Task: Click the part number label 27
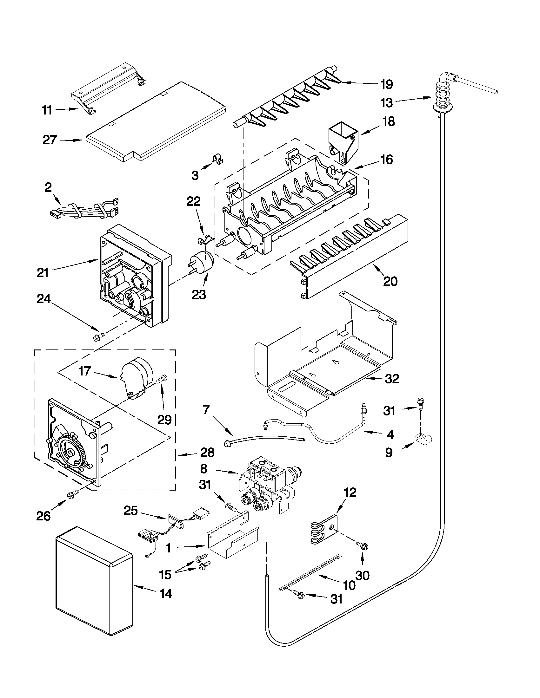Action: [50, 140]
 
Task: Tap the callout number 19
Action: [386, 84]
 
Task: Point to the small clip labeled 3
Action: [218, 159]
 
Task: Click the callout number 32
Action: [392, 379]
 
